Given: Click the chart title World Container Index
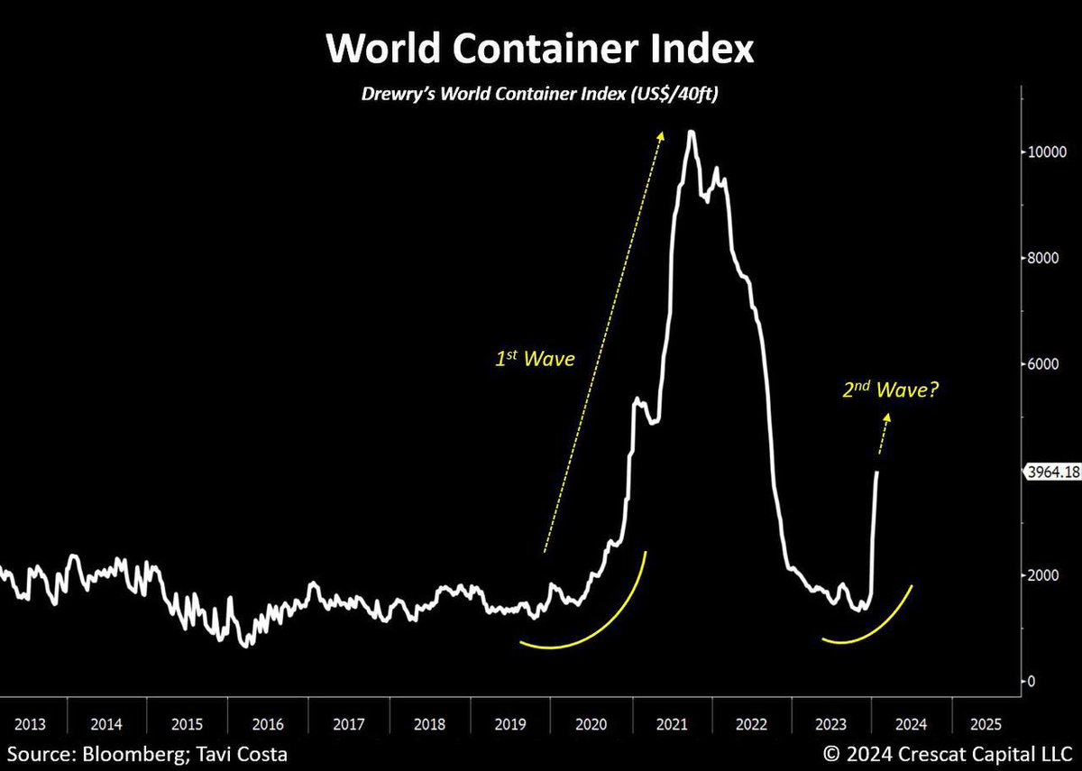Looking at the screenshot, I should (x=539, y=49).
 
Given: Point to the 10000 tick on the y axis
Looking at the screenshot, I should (x=1049, y=152).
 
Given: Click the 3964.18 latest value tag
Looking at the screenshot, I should (x=1050, y=472).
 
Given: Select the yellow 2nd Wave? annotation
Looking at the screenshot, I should (x=888, y=390).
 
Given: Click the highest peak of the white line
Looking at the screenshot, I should (x=691, y=133).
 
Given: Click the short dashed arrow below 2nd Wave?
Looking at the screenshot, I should (x=885, y=433).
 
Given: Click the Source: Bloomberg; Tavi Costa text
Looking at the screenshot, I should (x=148, y=753).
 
